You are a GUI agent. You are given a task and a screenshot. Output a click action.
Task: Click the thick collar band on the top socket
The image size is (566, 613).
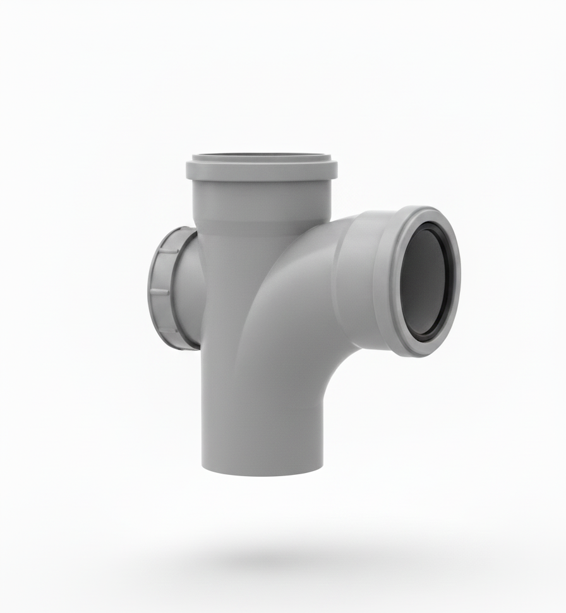(x=261, y=171)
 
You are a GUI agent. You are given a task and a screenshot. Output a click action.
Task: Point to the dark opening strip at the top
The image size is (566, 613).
(x=261, y=155)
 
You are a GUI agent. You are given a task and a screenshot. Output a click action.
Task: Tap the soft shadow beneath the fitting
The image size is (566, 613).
(x=278, y=555)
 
